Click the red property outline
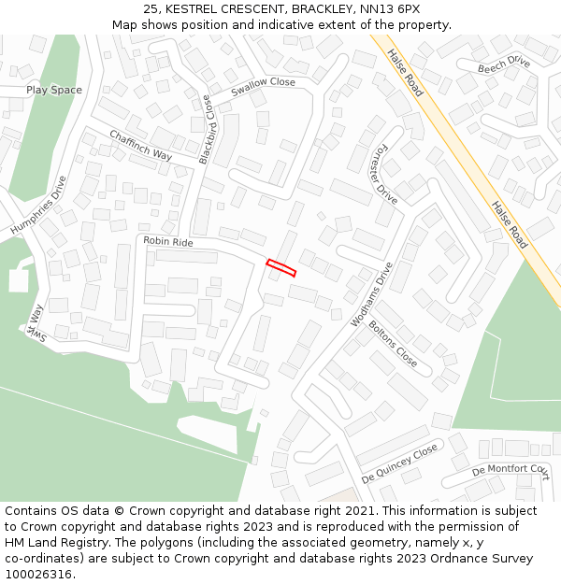coord(281,268)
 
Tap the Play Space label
coord(54,90)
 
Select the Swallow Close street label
coord(263,82)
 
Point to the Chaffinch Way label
coord(141,145)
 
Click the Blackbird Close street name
coord(206,130)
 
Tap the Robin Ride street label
coord(168,241)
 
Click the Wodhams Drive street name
coord(372,293)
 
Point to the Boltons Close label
coord(394,343)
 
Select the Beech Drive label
coord(504,64)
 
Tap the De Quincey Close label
coord(399,463)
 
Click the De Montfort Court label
coord(511,470)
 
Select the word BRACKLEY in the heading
coord(321,8)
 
